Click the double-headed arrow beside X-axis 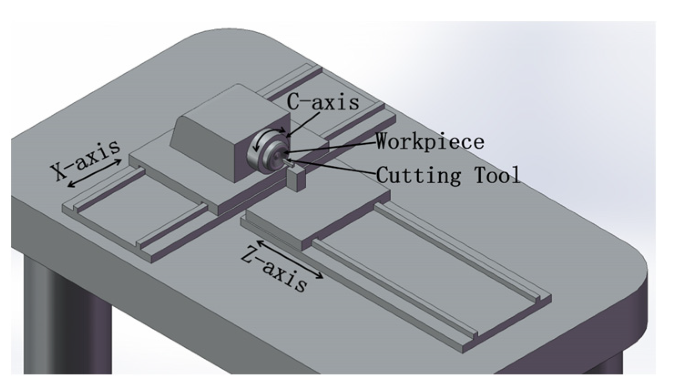click(x=94, y=173)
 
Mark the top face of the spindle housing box click(x=228, y=114)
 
